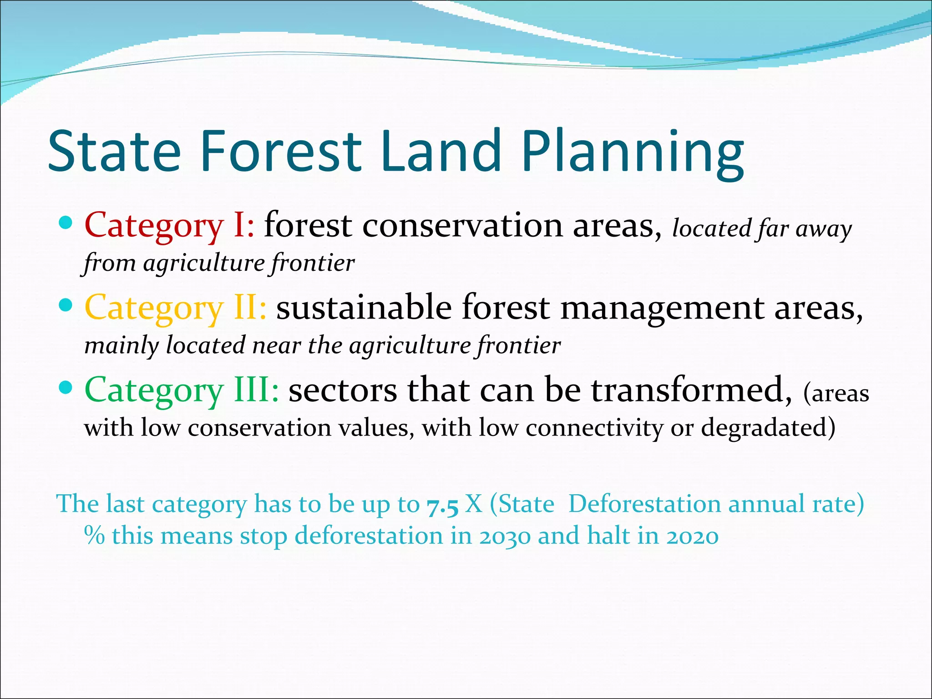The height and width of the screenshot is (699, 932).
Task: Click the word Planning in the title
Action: pyautogui.click(x=633, y=152)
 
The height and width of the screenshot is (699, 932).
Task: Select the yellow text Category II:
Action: pyautogui.click(x=176, y=308)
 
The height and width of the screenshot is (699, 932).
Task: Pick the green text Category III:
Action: pyautogui.click(x=182, y=390)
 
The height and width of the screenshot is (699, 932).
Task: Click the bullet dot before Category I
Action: pyautogui.click(x=66, y=223)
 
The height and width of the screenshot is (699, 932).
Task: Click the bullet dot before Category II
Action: pyautogui.click(x=66, y=305)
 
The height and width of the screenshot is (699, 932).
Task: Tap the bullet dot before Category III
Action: pyautogui.click(x=66, y=388)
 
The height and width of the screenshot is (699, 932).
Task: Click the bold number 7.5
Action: pyautogui.click(x=442, y=506)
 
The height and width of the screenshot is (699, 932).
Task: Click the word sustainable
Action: pyautogui.click(x=364, y=308)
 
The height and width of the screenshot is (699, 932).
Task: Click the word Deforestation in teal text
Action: pyautogui.click(x=643, y=504)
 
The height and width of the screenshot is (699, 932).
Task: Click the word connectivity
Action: pyautogui.click(x=594, y=428)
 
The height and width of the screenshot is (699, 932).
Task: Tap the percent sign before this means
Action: pyautogui.click(x=94, y=535)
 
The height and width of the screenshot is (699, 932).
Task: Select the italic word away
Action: pyautogui.click(x=824, y=229)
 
